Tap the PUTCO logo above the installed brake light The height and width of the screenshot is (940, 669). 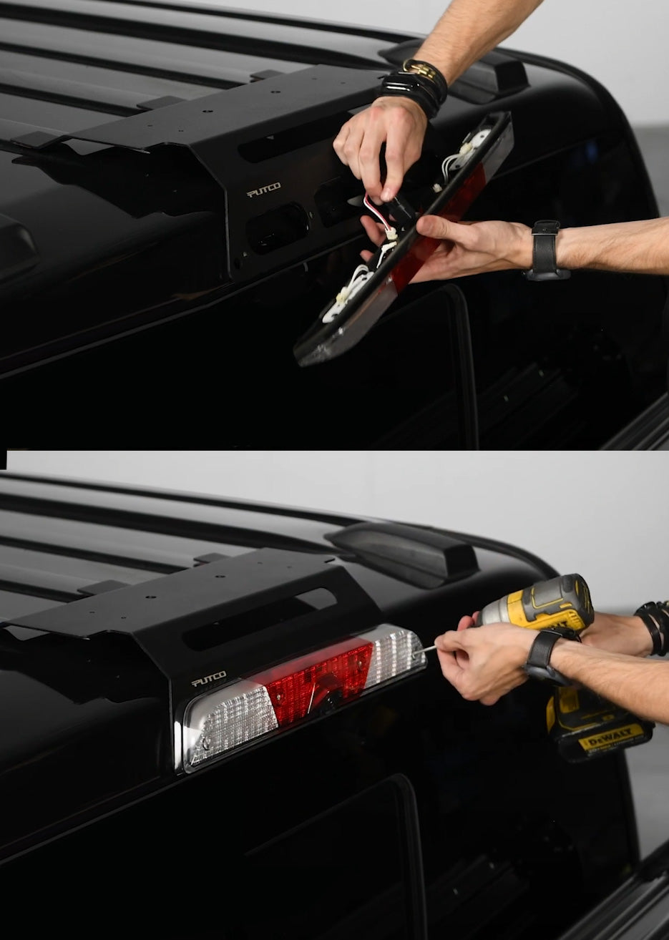pos(209,678)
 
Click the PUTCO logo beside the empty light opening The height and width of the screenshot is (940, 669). pos(263,190)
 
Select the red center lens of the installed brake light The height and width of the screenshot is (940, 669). pos(319,679)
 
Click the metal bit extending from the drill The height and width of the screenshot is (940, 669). pos(428,649)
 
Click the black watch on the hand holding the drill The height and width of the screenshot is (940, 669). pos(543,655)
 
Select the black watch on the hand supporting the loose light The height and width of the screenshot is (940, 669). pos(546,250)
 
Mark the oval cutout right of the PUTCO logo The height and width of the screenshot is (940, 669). pos(277,227)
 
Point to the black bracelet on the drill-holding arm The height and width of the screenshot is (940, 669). pos(653,626)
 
